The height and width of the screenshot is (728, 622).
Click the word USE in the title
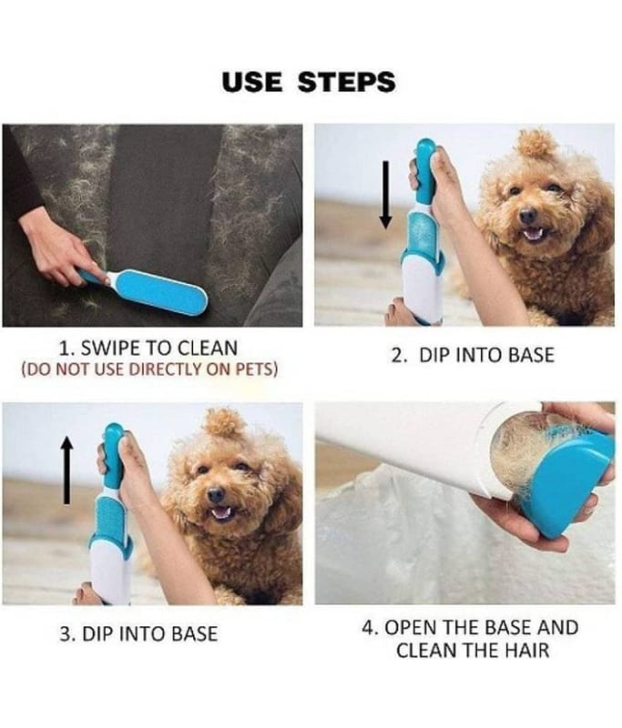(251, 82)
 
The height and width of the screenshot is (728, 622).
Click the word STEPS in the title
(346, 82)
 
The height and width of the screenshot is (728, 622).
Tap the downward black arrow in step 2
(385, 195)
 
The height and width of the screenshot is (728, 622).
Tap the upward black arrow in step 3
(67, 470)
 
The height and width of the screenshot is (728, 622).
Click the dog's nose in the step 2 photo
(526, 216)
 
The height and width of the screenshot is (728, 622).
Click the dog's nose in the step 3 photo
(216, 495)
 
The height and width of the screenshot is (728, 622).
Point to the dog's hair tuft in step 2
(537, 143)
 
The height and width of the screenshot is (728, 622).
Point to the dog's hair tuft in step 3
(225, 423)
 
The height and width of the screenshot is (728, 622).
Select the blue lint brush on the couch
(144, 290)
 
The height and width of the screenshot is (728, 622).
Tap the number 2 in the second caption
(398, 355)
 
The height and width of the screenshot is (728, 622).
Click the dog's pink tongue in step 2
(532, 233)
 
